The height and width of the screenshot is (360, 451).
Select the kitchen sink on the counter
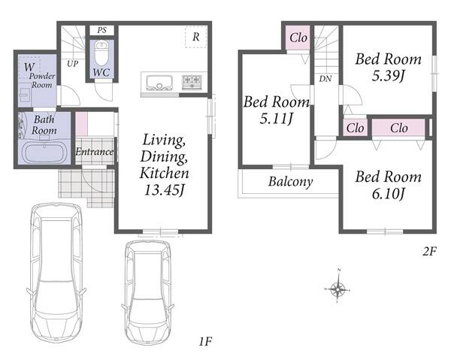point(159,83)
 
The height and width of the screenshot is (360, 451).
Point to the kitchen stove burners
point(192,82)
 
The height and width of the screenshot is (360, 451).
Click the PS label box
point(101,30)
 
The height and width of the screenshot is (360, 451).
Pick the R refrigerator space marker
point(196,37)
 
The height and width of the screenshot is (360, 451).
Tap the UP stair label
point(72,64)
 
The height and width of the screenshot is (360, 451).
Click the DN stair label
point(325,78)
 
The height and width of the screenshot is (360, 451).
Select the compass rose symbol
point(337,288)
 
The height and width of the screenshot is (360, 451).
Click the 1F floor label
point(205,342)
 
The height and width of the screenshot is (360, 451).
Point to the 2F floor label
point(429,252)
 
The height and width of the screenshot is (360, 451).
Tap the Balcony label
point(290,182)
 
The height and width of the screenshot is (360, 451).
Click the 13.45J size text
point(164,190)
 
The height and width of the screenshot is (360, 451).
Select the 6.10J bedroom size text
point(389,194)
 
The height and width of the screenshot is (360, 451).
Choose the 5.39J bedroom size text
point(389,76)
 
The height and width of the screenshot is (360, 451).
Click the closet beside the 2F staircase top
point(298,38)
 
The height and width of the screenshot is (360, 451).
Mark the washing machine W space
point(29,68)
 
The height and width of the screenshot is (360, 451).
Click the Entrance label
point(95,152)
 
